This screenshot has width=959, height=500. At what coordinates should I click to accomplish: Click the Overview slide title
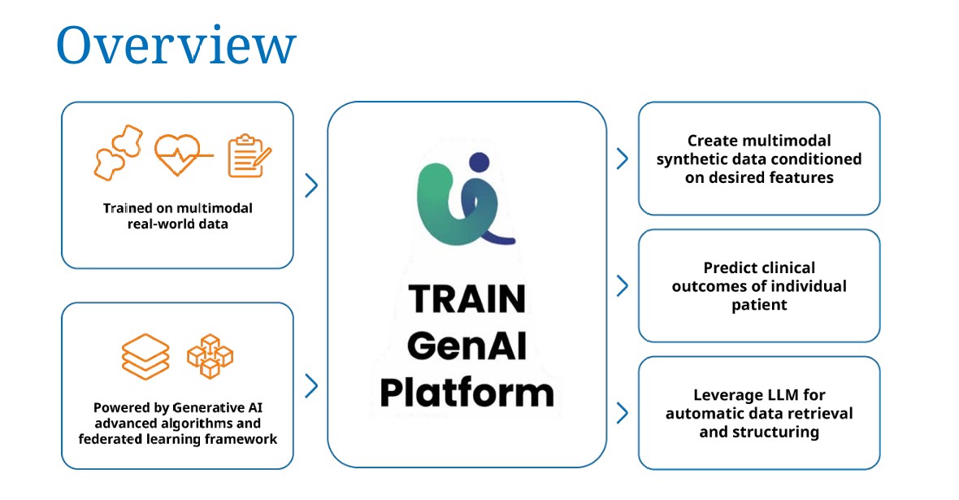coord(176,45)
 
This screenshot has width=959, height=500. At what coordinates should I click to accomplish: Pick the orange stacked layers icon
coord(145,356)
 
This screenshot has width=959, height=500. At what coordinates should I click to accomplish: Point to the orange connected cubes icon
coord(210,356)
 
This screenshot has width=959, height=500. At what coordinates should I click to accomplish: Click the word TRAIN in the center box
coord(467,298)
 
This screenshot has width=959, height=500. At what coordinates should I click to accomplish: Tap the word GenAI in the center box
coord(466,346)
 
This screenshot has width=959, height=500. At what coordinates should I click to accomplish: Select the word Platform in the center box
coord(466,393)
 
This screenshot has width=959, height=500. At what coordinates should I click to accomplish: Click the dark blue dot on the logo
coord(479,162)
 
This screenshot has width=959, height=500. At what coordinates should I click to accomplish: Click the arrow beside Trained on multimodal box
coord(311,185)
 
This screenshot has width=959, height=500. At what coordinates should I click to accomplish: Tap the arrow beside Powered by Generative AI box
coord(311,386)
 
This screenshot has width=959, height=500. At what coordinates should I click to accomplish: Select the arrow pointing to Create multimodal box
coord(622,159)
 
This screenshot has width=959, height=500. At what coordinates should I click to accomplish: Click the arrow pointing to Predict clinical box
coord(622,286)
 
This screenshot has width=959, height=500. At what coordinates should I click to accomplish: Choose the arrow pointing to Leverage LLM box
coord(622,413)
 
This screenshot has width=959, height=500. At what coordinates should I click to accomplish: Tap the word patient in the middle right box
coord(759,305)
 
